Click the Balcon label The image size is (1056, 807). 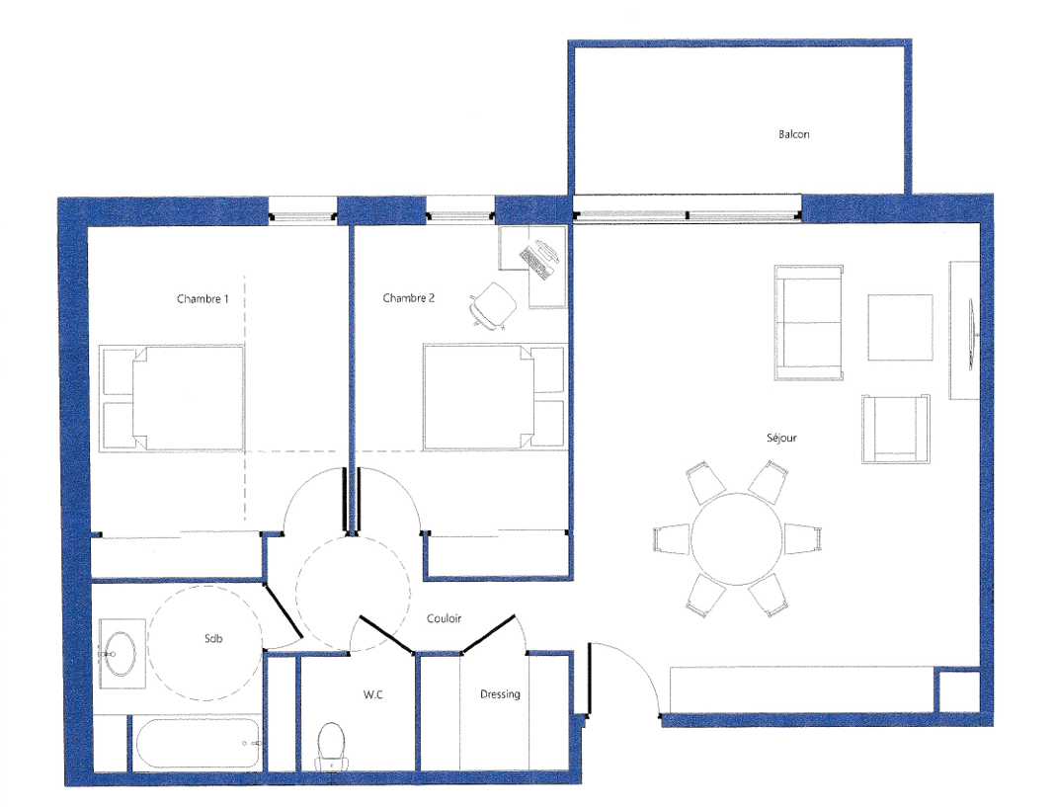794,134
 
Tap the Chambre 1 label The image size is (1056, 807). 203,298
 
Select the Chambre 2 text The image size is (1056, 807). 409,297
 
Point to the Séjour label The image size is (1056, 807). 782,438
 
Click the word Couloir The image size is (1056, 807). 444,618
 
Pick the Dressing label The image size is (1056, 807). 500,694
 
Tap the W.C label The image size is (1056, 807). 373,694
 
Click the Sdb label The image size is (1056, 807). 213,638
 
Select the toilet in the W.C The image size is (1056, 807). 331,747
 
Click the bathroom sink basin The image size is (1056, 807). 121,654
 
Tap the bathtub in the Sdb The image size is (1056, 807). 196,744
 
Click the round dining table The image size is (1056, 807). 738,539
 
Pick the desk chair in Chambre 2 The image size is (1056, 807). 493,306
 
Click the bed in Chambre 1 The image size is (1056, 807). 172,398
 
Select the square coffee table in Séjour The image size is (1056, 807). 901,327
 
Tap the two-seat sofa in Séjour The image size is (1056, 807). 808,323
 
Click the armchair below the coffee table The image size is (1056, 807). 896,429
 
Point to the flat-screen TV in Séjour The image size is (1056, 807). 970,334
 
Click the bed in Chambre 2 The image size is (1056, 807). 494,397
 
